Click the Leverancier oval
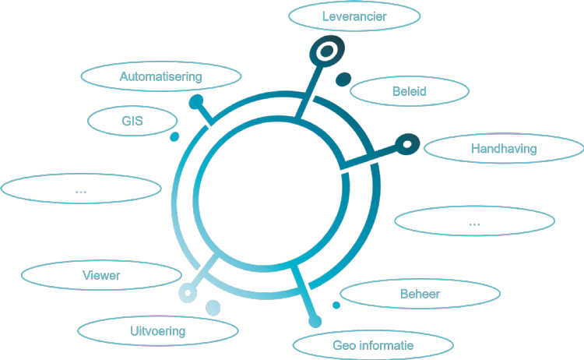coord(354,16)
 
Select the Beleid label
coord(410,92)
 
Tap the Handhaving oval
coord(504,148)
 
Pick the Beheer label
coord(420,294)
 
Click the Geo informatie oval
coord(373,345)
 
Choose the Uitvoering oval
coord(157,331)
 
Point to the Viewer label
coord(101,275)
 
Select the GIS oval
coord(132,121)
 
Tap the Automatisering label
coord(161,76)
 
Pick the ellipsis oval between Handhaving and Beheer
coord(475,222)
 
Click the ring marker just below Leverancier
coord(326,52)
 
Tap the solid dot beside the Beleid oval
coord(343,79)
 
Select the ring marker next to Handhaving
coord(407,143)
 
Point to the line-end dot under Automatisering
coord(197,101)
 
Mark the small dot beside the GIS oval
coord(175,137)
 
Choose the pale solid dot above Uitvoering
coord(213,308)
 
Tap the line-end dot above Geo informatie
coord(315,321)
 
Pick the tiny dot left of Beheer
coord(336,305)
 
